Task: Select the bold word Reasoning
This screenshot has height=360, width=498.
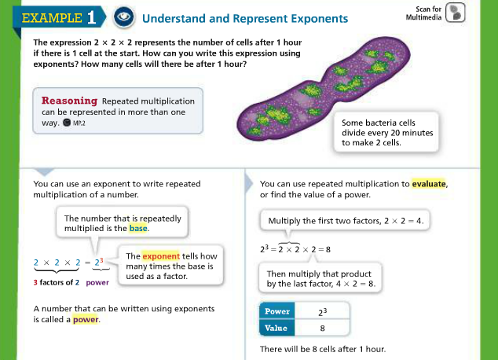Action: pos(69,101)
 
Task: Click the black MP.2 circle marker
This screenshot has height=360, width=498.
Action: pos(67,123)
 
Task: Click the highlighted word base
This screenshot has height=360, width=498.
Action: pos(138,229)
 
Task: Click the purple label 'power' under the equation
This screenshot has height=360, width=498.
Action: pos(97,282)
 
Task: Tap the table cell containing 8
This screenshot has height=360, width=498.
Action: pos(322,328)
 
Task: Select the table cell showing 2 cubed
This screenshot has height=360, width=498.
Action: pos(322,311)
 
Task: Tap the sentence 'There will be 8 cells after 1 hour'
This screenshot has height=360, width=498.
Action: pos(323,349)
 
